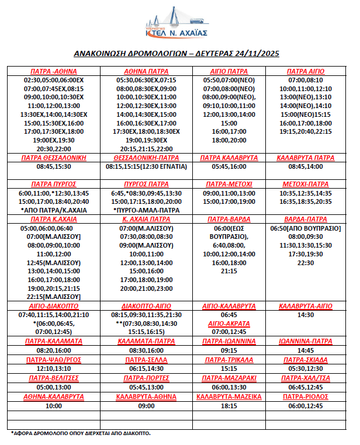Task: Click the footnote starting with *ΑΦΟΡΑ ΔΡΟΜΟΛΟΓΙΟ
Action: tap(81, 433)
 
